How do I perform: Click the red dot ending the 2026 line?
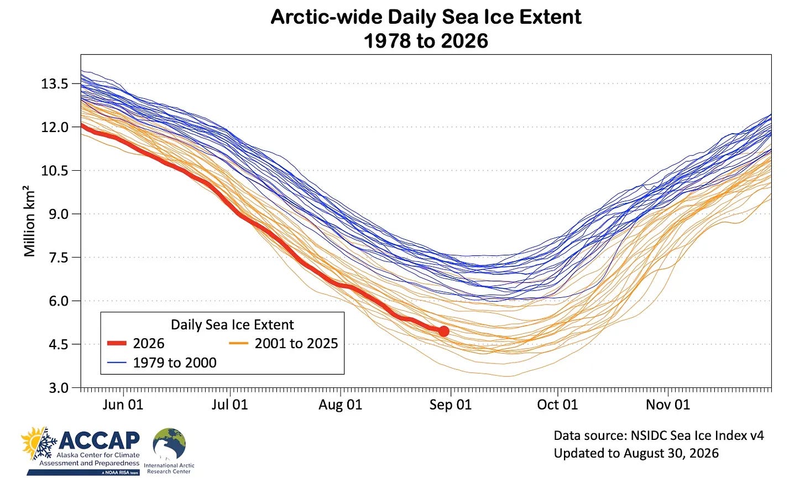tap(443, 331)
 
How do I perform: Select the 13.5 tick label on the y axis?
tap(55, 83)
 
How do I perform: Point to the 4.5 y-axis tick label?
tap(59, 344)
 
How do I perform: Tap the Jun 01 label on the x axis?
tap(123, 405)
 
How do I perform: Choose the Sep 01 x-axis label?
tap(450, 405)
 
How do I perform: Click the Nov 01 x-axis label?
tap(668, 405)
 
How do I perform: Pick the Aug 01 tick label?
tap(341, 405)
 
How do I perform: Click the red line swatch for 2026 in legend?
tap(117, 343)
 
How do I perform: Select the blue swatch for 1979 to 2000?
tap(117, 363)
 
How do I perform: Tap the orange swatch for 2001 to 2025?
tap(239, 343)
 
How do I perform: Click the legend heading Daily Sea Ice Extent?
tap(232, 324)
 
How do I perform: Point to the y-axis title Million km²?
tap(29, 221)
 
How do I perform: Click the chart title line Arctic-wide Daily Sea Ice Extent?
tap(426, 17)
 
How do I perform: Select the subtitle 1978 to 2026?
tap(426, 40)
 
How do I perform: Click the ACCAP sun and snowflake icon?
tap(39, 444)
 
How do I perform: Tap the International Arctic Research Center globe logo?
tap(169, 444)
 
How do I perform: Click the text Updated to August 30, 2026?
tap(636, 453)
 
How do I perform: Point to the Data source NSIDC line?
tap(658, 435)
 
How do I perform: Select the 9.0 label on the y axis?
tap(59, 214)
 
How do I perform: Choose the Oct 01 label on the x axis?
tap(557, 405)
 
